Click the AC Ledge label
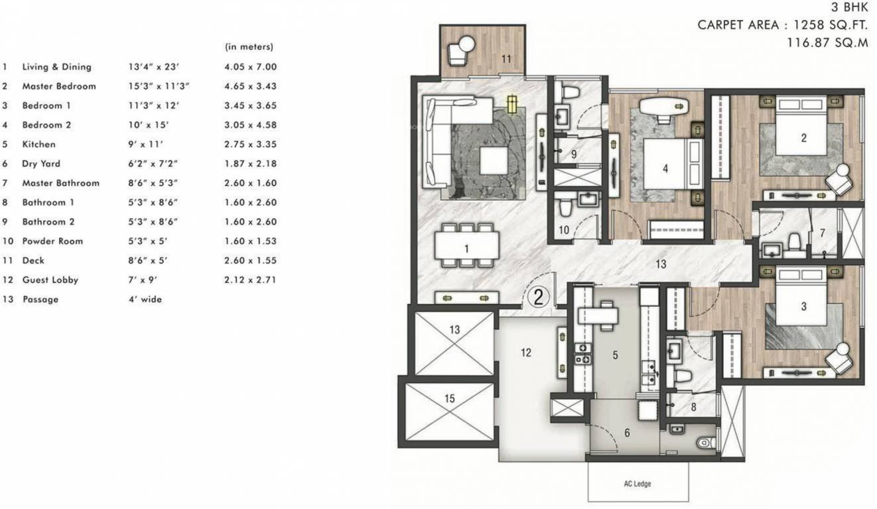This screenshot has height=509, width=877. click(638, 484)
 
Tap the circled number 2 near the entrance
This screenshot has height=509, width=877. click(538, 298)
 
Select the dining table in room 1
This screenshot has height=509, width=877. click(466, 245)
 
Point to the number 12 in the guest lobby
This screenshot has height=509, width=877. click(526, 353)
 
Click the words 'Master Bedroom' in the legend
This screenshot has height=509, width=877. click(59, 86)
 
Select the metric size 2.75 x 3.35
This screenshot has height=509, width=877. click(251, 144)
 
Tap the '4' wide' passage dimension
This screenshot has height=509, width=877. click(145, 300)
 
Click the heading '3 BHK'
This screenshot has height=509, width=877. click(849, 7)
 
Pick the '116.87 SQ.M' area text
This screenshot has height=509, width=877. click(828, 42)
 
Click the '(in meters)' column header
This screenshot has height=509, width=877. click(249, 47)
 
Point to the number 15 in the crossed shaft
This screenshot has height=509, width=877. click(450, 398)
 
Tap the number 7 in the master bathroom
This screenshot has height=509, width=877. click(822, 233)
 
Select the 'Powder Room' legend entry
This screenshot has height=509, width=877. click(52, 241)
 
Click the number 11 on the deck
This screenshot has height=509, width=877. click(506, 59)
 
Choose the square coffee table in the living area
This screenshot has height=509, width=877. click(494, 160)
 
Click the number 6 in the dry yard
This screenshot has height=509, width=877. click(627, 433)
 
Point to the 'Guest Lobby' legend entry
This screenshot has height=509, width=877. click(50, 280)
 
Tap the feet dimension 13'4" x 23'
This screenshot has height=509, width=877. click(153, 67)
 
